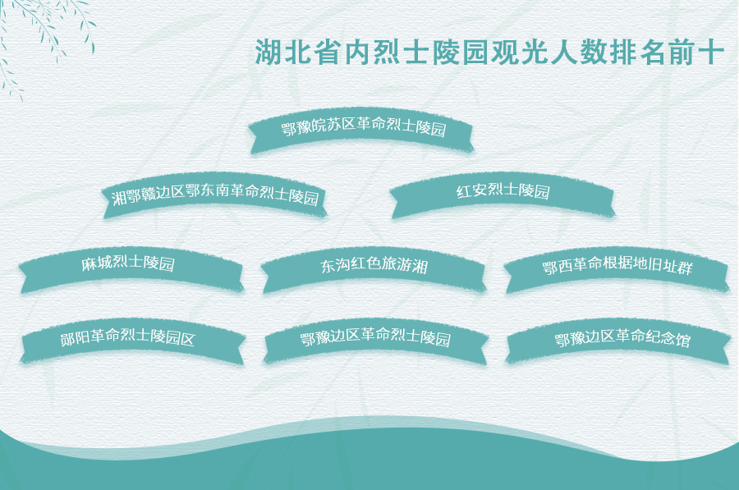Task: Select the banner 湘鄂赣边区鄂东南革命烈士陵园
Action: pos(214,195)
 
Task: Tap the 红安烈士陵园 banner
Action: pos(503,195)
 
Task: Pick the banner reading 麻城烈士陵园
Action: pos(131,269)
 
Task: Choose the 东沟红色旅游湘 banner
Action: pos(374,269)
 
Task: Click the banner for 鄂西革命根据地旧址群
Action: pos(617,269)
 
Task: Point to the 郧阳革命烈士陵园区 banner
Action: pos(132,341)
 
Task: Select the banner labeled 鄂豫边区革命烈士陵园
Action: pos(375,341)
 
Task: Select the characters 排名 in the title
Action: pos(638,52)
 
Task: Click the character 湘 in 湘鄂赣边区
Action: pos(120,198)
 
